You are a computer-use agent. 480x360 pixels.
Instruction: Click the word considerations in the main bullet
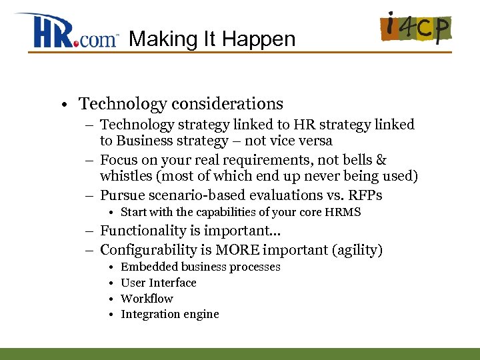(227, 104)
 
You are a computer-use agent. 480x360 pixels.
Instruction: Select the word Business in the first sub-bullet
(145, 141)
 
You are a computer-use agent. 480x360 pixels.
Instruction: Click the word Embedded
(149, 267)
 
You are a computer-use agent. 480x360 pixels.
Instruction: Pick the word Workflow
(147, 299)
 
